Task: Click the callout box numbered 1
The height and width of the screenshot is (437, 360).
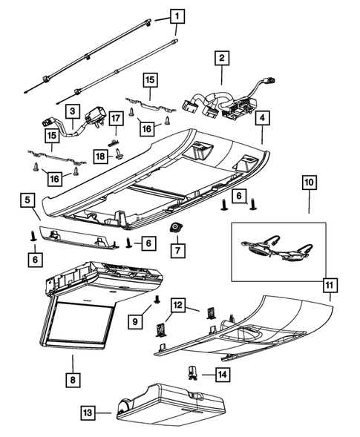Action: (x=177, y=15)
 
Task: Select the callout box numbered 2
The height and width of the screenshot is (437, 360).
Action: (x=221, y=56)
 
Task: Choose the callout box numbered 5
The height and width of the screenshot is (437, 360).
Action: (x=26, y=200)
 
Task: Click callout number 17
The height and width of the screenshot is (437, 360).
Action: (x=116, y=119)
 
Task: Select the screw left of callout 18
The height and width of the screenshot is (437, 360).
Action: (x=120, y=154)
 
